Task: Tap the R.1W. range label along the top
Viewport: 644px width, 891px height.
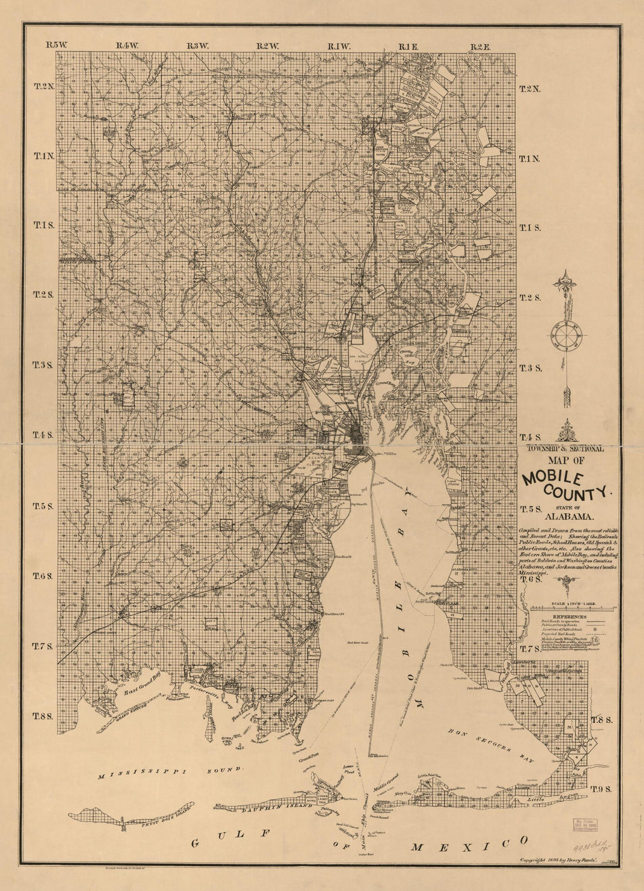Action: click(x=338, y=46)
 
